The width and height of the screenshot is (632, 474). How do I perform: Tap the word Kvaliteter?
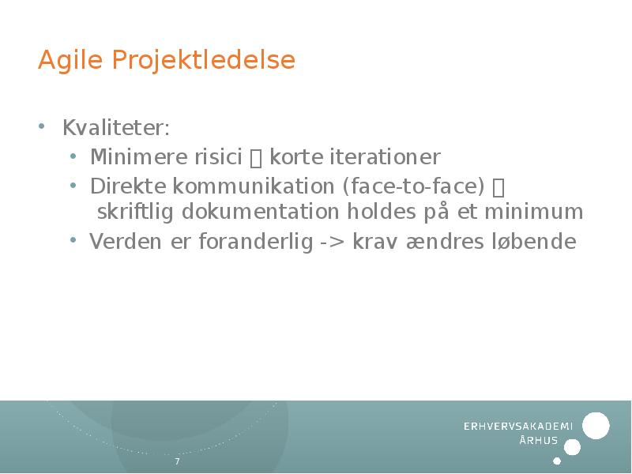coord(115,128)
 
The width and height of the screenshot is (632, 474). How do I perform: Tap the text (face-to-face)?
coord(413,187)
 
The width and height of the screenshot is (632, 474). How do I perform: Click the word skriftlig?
coord(136,213)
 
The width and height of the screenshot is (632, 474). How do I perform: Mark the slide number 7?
coord(177,461)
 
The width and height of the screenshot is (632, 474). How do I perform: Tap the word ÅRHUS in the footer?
coord(539,441)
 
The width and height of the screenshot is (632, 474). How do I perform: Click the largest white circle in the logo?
coord(596,426)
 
